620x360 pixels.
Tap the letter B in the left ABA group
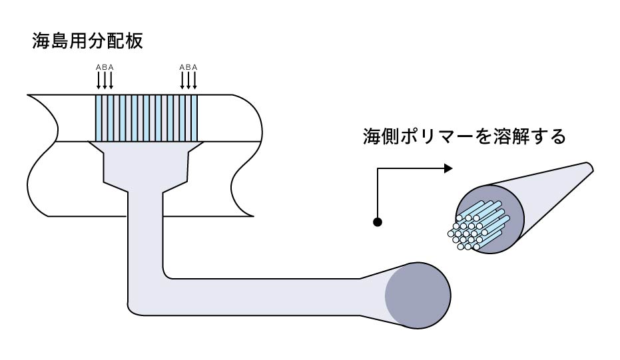point(105,67)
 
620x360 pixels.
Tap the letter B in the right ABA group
point(190,67)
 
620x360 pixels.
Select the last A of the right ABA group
point(196,67)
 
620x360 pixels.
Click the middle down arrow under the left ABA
point(105,80)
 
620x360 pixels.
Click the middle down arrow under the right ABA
point(190,80)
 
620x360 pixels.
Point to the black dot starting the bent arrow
point(378,222)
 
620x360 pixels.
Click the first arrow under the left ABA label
point(99,80)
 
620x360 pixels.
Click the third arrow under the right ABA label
point(196,80)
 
